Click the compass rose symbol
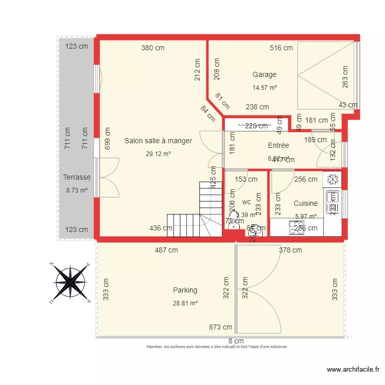click(x=70, y=282)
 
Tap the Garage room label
click(x=264, y=74)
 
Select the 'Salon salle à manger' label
click(x=158, y=141)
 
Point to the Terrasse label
click(x=77, y=177)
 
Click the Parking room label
click(x=185, y=290)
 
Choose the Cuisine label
click(x=305, y=203)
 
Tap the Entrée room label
click(x=278, y=146)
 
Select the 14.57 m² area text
click(x=264, y=88)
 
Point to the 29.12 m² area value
click(x=158, y=153)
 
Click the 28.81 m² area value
click(x=185, y=303)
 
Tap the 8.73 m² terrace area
click(x=76, y=190)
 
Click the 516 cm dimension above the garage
click(x=281, y=48)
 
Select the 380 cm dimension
click(x=153, y=48)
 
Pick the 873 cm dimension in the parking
click(x=220, y=327)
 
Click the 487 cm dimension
click(x=166, y=250)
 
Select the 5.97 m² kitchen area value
click(x=305, y=216)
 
